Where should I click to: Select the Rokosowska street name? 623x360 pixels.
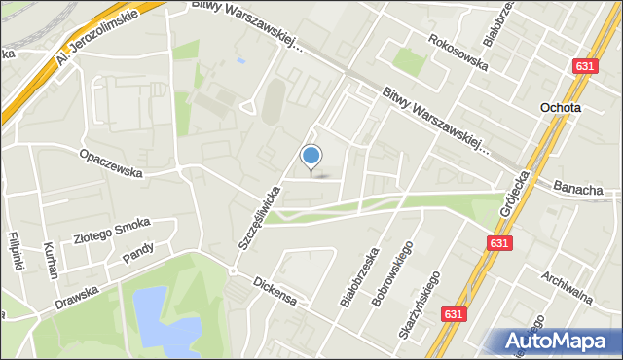[x=457, y=52]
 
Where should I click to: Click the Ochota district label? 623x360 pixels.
[x=561, y=108]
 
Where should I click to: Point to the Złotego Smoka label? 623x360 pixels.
[x=112, y=232]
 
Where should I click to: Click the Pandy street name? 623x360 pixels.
[x=138, y=254]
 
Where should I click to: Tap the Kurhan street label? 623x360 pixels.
[x=48, y=261]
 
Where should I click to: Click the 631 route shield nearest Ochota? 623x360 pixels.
[x=584, y=66]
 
